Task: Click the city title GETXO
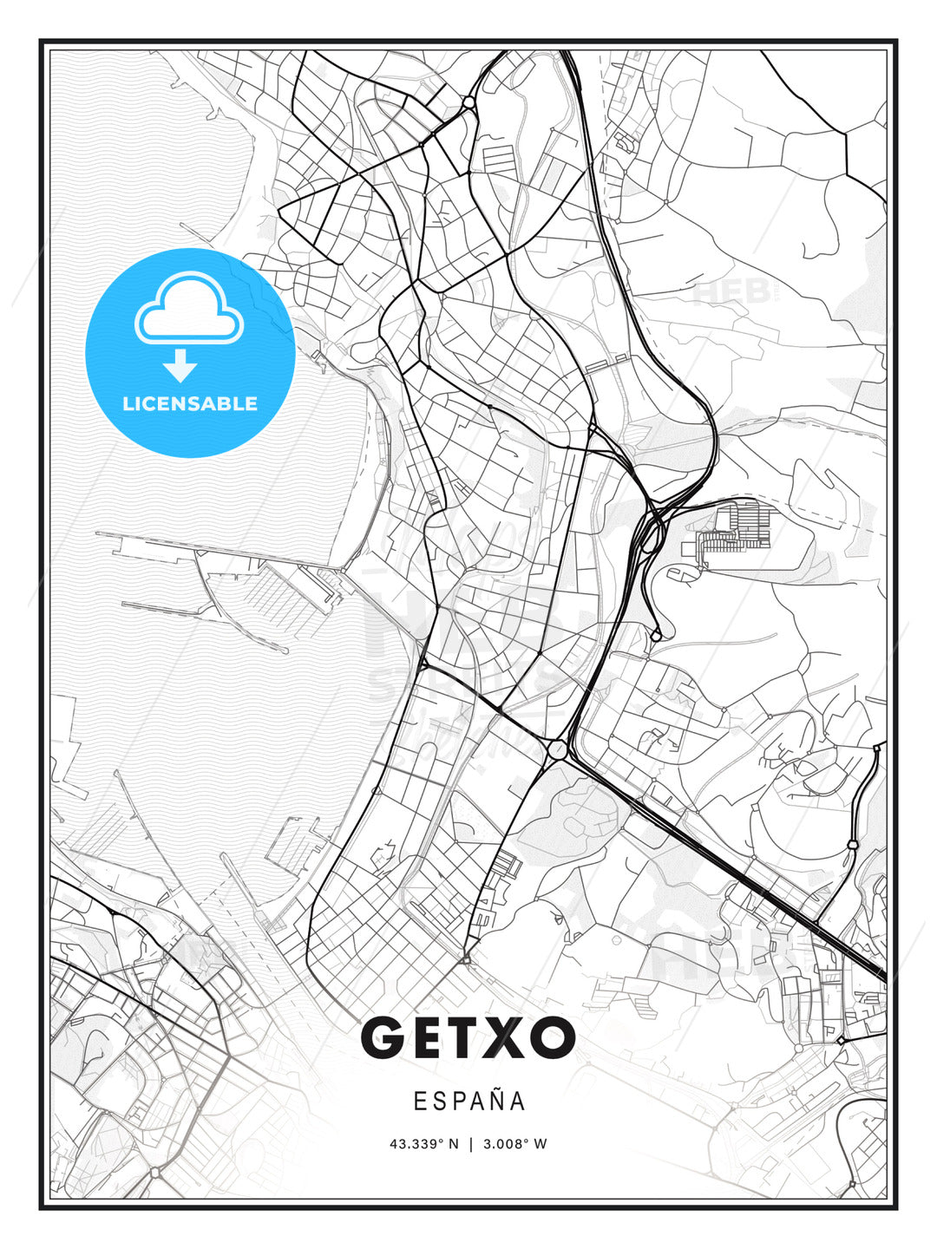click(x=468, y=1037)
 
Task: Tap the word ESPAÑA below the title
click(x=469, y=1102)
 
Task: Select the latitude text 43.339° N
click(x=423, y=1144)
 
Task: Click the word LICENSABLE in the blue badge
click(x=190, y=404)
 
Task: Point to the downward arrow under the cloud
click(x=180, y=365)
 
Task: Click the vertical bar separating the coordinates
click(x=468, y=1144)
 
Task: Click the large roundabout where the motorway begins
click(x=556, y=749)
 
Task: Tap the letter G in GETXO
click(x=383, y=1037)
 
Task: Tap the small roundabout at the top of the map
click(x=468, y=102)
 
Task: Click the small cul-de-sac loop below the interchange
click(x=656, y=635)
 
